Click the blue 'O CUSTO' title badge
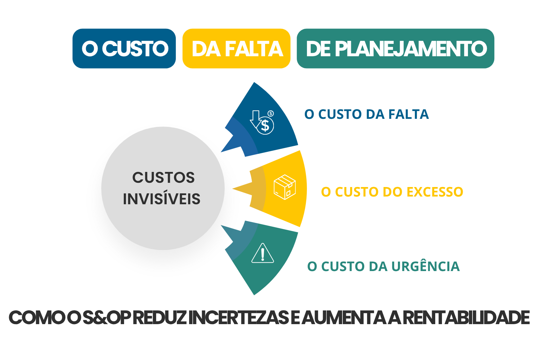pyautogui.click(x=124, y=49)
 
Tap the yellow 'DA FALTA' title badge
pyautogui.click(x=237, y=49)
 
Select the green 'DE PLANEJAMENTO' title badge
pyautogui.click(x=396, y=49)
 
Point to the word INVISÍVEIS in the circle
pyautogui.click(x=162, y=199)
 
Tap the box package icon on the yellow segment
pyautogui.click(x=285, y=187)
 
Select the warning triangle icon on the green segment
pyautogui.click(x=263, y=253)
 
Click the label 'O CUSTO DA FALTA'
pyautogui.click(x=367, y=114)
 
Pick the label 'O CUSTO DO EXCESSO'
pyautogui.click(x=392, y=192)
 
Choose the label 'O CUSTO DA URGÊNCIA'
pyautogui.click(x=384, y=266)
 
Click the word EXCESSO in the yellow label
pyautogui.click(x=435, y=192)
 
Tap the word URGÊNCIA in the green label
pyautogui.click(x=425, y=266)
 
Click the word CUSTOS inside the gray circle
pyautogui.click(x=163, y=178)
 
